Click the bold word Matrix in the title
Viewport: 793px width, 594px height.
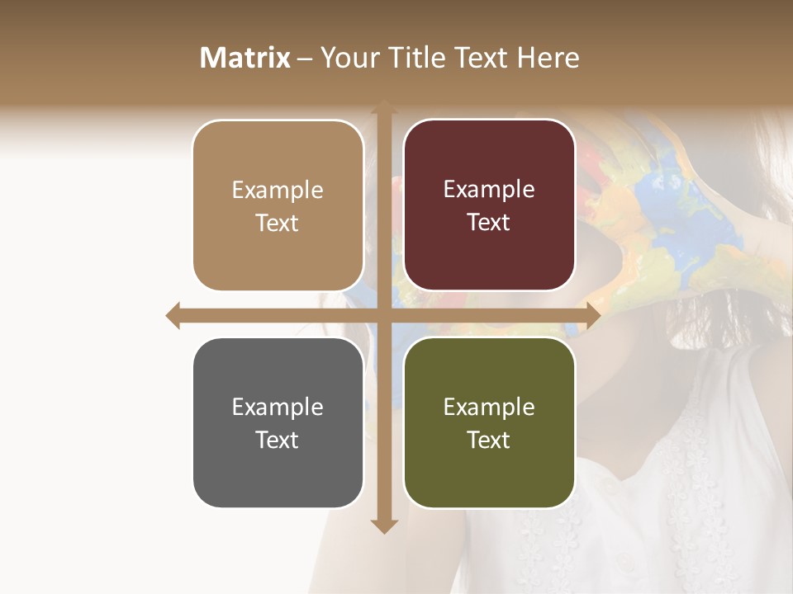click(x=245, y=58)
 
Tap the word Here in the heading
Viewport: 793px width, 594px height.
click(x=548, y=58)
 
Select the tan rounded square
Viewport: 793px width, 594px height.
click(x=278, y=205)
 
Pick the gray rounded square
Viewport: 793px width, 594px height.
click(x=278, y=422)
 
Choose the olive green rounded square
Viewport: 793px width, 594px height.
click(x=489, y=422)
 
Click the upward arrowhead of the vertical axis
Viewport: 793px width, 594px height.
click(x=383, y=108)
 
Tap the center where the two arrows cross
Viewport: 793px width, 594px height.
click(x=383, y=315)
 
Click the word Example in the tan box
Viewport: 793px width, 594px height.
click(x=278, y=190)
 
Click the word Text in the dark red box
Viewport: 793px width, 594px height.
click(x=489, y=223)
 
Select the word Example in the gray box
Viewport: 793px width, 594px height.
click(x=278, y=407)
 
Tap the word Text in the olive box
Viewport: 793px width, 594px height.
click(x=489, y=440)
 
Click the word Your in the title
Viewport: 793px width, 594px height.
click(x=347, y=58)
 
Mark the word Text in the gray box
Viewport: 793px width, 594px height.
click(x=278, y=440)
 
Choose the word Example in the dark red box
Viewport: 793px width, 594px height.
click(x=489, y=189)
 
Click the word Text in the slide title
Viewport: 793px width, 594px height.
click(x=479, y=58)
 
